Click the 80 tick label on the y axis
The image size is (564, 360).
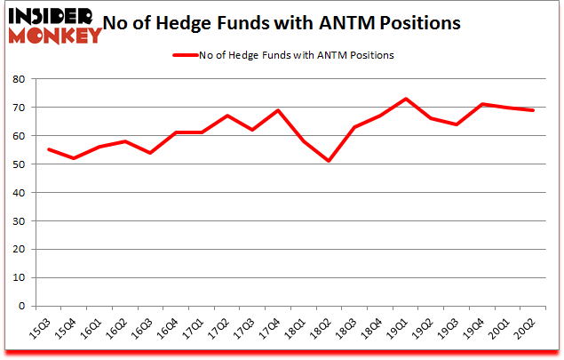click(x=19, y=79)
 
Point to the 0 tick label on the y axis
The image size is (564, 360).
click(x=21, y=307)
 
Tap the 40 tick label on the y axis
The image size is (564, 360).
click(x=19, y=193)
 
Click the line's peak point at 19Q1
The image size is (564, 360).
click(x=406, y=99)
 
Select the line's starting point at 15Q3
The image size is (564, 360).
click(x=49, y=149)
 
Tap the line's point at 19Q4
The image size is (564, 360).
click(x=482, y=104)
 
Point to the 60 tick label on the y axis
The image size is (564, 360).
click(x=19, y=136)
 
